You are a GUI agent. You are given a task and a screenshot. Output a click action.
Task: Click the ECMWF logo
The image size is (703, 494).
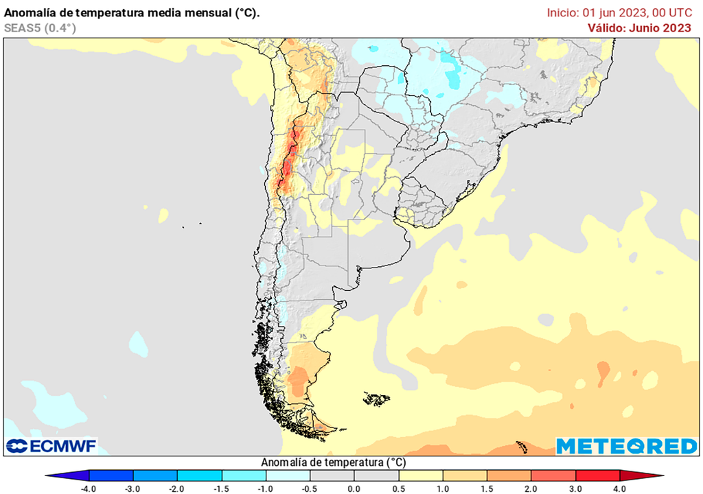click(x=51, y=446)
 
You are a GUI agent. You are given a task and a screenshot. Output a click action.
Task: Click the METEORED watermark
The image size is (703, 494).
click(x=626, y=447)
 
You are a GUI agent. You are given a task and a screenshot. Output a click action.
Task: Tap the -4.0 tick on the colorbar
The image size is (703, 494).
click(x=89, y=489)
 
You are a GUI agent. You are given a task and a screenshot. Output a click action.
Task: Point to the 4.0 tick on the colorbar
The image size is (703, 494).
click(x=620, y=489)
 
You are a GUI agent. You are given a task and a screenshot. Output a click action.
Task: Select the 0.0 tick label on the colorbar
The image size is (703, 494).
click(x=354, y=489)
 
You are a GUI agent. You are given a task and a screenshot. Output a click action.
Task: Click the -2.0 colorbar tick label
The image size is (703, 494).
click(x=176, y=489)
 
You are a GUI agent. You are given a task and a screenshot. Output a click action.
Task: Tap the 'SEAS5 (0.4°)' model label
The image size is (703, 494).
click(x=40, y=28)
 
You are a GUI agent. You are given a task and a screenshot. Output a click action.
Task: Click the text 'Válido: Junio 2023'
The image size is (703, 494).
click(x=639, y=28)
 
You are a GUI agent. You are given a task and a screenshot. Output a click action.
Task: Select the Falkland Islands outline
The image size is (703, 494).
click(x=377, y=398)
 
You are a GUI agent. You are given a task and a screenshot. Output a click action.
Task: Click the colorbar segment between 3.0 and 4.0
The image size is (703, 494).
click(x=598, y=475)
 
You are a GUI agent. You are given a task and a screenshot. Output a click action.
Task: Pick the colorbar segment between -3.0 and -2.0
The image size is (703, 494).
click(x=155, y=475)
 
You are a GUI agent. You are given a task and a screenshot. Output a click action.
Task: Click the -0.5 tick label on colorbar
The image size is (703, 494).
click(x=310, y=489)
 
